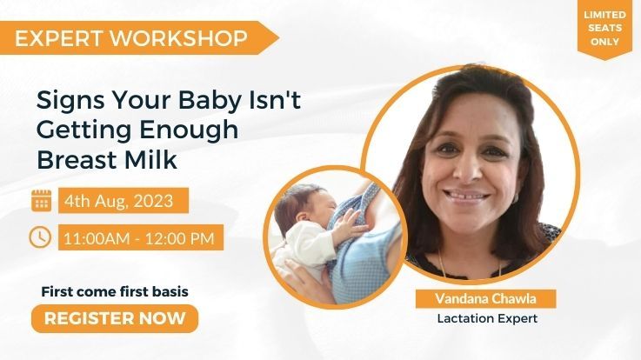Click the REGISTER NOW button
point(115,318)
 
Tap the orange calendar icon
point(41,201)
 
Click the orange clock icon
point(41,237)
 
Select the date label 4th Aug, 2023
point(124,202)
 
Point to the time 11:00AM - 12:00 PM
point(142,237)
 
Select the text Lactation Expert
point(487,318)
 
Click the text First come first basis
point(115,291)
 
